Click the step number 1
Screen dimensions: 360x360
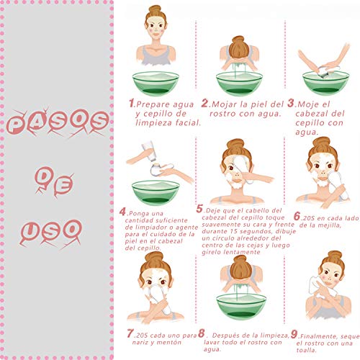[132, 103]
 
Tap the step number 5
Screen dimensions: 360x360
[199, 209]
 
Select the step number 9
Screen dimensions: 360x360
[294, 334]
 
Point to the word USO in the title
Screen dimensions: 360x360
[51, 233]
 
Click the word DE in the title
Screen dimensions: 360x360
[54, 182]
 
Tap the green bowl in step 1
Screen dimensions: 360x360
[156, 84]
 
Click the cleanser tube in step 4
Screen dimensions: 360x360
[148, 152]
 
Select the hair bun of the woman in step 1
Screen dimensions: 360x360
[155, 10]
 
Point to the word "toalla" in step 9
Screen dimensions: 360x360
[306, 351]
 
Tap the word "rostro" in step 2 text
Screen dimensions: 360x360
[222, 114]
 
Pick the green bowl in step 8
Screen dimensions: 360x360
[241, 307]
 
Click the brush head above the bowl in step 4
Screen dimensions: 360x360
[156, 168]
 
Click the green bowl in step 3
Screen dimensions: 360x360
[325, 83]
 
